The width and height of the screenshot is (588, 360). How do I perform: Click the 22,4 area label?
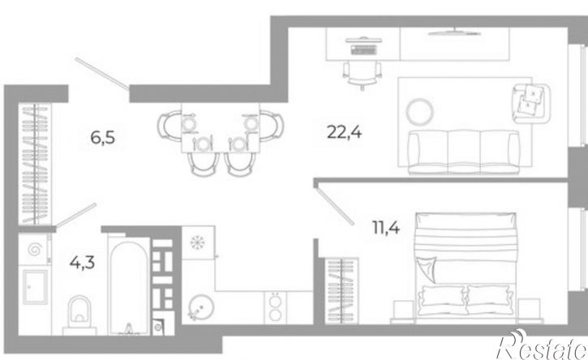click(344, 132)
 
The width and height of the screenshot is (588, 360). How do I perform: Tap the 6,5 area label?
click(102, 138)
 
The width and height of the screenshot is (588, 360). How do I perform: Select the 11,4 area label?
click(386, 228)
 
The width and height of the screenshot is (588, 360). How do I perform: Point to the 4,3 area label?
click(82, 263)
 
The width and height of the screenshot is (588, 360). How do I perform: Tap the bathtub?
click(129, 287)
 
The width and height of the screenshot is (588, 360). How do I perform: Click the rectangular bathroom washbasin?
click(35, 287)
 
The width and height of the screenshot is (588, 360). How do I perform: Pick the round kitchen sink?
click(201, 307)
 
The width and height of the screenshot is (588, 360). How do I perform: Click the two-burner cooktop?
click(276, 307)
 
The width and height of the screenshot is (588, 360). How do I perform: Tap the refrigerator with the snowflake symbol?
click(198, 242)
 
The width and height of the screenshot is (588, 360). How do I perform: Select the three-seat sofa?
click(464, 152)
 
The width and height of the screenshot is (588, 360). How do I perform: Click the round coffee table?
click(420, 111)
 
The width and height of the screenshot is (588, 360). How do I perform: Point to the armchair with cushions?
click(530, 103)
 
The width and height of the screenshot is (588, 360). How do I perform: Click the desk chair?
click(363, 75)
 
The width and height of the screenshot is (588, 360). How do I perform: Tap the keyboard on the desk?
click(364, 49)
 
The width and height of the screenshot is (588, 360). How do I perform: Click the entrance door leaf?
click(102, 74)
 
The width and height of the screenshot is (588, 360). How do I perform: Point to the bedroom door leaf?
click(335, 206)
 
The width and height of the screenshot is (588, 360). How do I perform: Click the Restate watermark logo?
click(543, 345)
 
